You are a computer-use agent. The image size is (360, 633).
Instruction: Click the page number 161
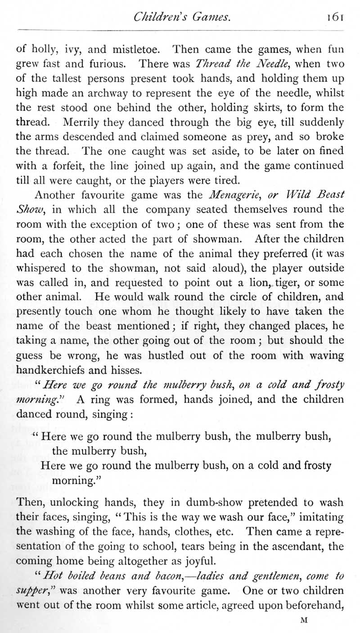[335, 17]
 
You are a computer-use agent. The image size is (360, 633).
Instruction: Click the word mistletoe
[140, 48]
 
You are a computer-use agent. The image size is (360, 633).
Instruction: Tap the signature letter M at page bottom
[303, 620]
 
